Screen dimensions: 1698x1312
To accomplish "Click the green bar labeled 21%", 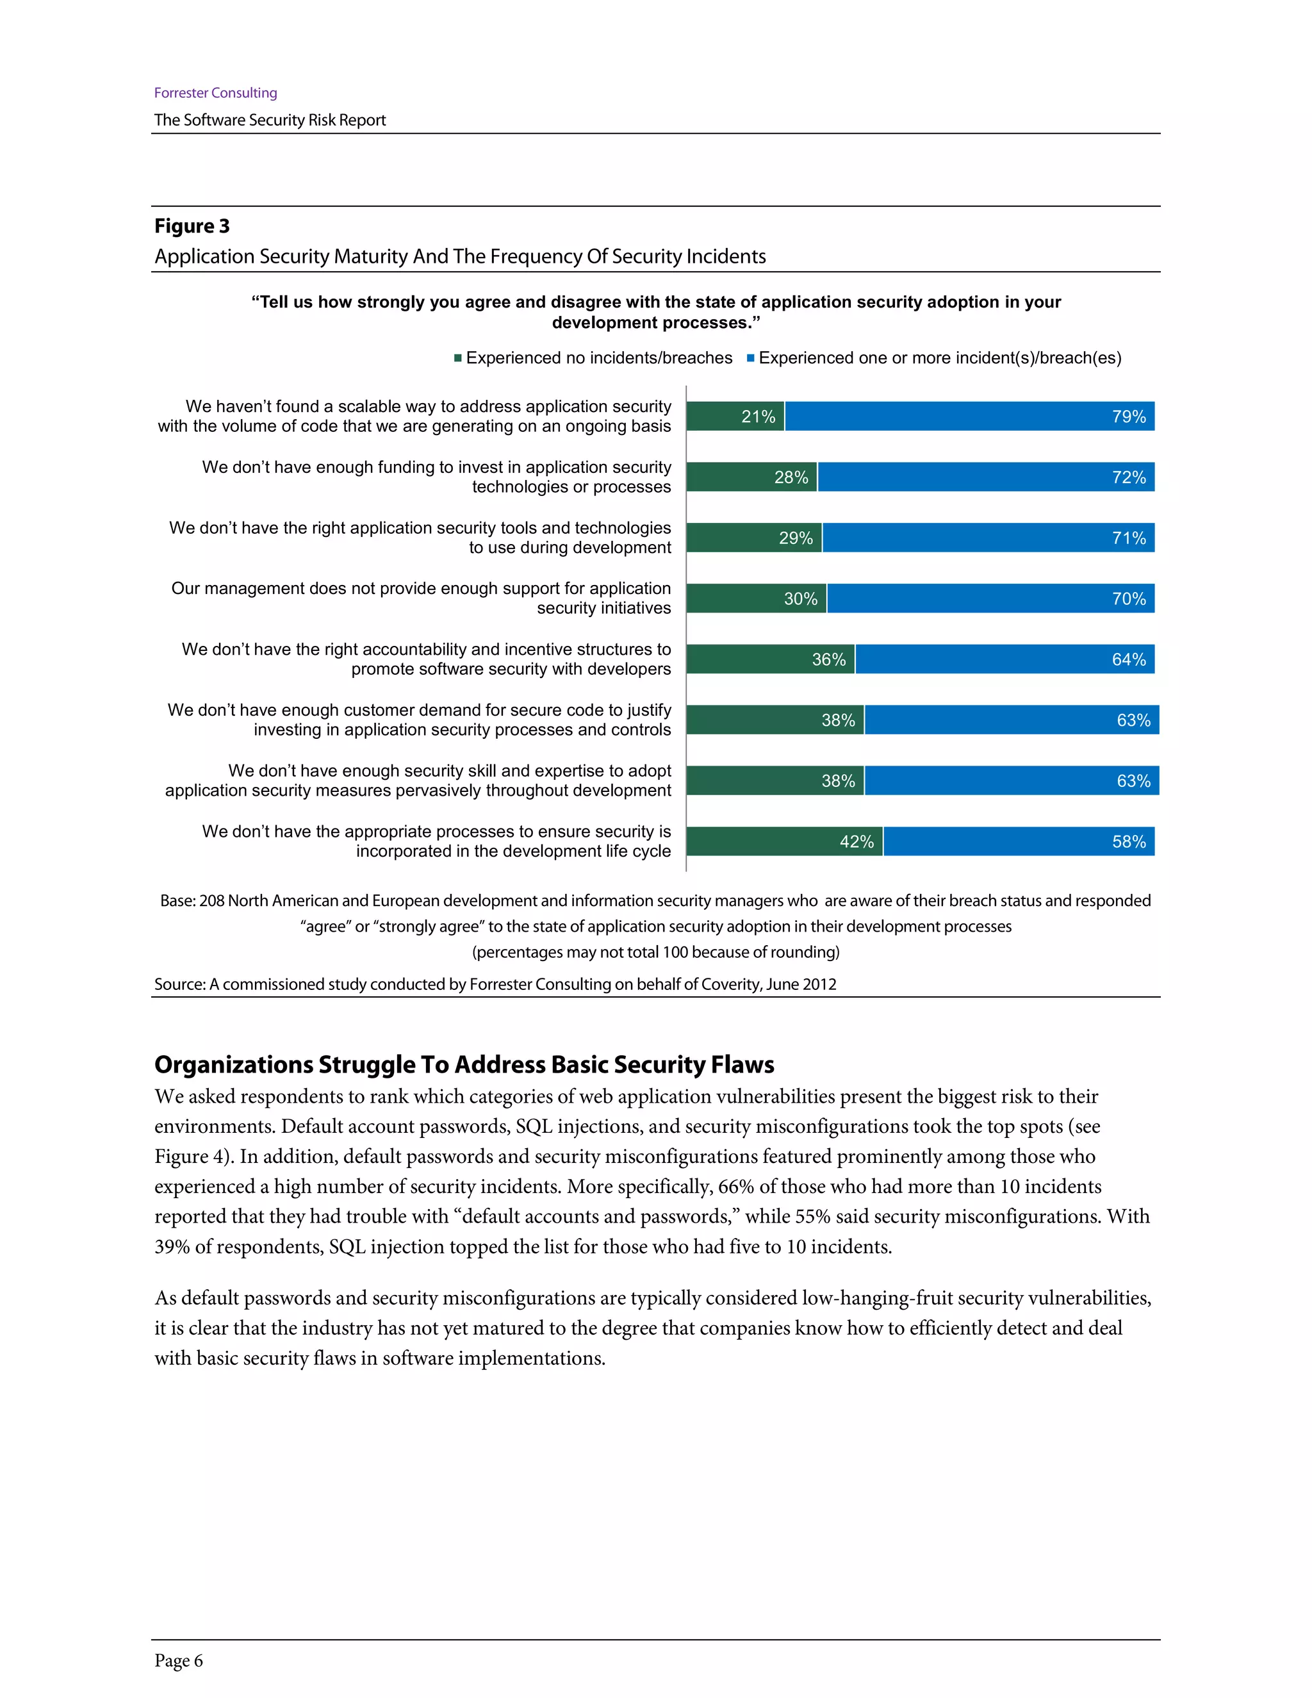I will [735, 416].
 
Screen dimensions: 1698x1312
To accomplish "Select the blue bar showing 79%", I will [969, 416].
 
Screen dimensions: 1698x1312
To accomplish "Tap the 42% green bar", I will [783, 841].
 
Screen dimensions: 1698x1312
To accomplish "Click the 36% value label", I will [828, 659].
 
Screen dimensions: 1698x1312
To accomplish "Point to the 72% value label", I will [1129, 477].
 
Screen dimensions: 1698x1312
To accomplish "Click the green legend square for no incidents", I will [459, 358].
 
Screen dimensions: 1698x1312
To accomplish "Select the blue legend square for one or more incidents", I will [751, 358].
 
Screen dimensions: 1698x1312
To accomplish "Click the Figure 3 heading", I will [192, 226].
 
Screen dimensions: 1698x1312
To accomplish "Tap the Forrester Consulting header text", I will [215, 92].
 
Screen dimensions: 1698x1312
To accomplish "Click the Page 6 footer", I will [179, 1661].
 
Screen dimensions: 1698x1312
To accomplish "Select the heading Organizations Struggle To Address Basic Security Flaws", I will [464, 1064].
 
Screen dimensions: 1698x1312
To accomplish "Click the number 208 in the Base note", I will [211, 901].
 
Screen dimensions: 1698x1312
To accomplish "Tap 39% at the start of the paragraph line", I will [172, 1247].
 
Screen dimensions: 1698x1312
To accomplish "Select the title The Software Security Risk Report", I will [270, 120].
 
